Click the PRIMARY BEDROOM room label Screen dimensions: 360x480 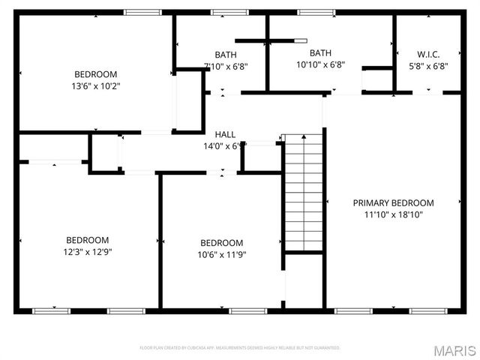tap(393, 202)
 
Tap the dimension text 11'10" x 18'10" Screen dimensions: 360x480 tap(393, 214)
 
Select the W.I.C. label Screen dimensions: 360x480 tap(428, 54)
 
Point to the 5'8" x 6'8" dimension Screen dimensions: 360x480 tap(428, 65)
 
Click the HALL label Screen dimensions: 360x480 tap(225, 134)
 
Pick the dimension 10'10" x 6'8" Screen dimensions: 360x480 tap(320, 64)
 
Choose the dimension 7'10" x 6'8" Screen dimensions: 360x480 tap(226, 66)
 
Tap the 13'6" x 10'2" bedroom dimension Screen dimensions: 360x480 tap(96, 85)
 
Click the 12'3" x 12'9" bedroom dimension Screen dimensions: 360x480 tap(88, 252)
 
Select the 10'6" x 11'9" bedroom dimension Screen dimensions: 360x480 tap(222, 254)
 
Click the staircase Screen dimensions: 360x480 tap(304, 193)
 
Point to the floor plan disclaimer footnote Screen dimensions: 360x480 tap(240, 348)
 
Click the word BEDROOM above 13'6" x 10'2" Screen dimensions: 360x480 tap(96, 73)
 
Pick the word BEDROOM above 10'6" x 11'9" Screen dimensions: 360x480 tap(222, 242)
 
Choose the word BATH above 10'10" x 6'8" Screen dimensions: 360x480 tap(320, 52)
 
